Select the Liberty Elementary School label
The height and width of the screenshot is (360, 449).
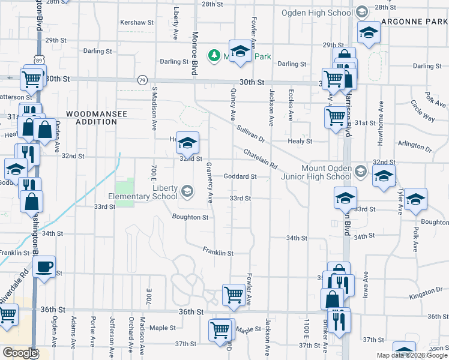click(x=143, y=192)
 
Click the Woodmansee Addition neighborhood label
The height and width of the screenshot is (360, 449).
click(x=92, y=118)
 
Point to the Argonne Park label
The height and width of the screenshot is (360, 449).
click(x=415, y=22)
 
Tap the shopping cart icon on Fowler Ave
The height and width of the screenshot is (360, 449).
click(x=234, y=295)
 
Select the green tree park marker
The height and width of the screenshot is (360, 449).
click(x=213, y=56)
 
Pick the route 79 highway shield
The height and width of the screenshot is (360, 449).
click(x=142, y=79)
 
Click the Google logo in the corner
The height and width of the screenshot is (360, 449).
click(x=19, y=353)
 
